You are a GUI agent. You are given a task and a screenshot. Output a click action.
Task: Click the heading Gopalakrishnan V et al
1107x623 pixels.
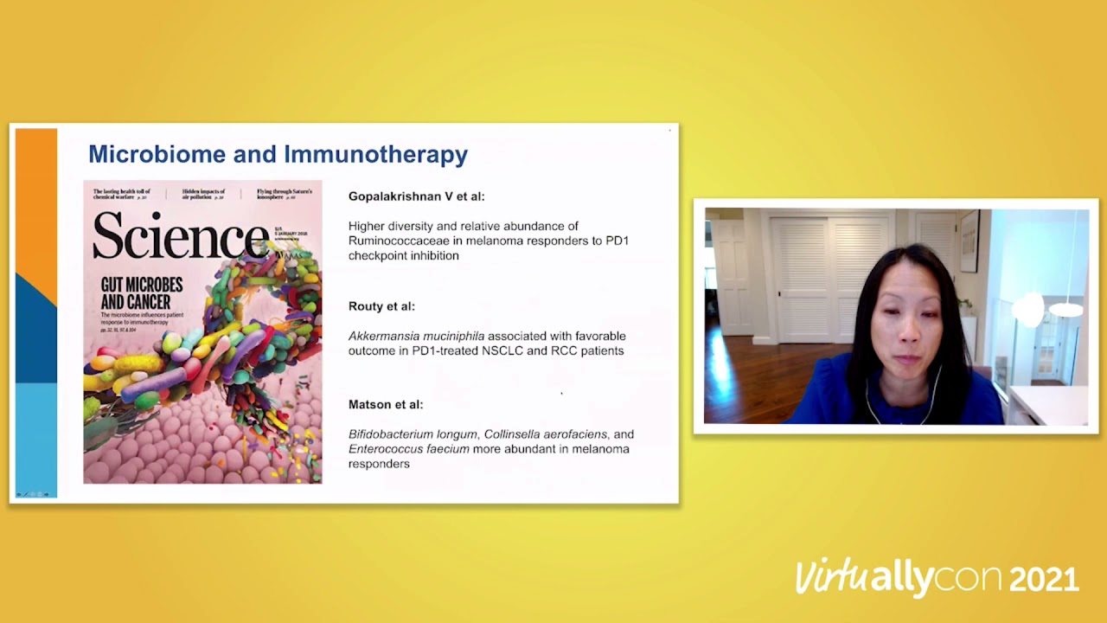(416, 196)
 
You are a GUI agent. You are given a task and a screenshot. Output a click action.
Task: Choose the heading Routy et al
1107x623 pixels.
(381, 306)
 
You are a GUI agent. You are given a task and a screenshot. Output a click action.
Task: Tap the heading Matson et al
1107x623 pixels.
(386, 404)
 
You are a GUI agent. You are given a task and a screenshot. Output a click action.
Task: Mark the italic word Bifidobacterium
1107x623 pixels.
(391, 434)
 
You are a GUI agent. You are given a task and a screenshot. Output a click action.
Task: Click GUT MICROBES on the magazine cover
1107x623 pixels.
(141, 285)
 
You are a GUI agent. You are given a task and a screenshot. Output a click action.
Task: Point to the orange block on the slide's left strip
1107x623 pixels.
(35, 199)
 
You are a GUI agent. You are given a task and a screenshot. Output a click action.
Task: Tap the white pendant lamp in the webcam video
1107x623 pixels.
(1065, 308)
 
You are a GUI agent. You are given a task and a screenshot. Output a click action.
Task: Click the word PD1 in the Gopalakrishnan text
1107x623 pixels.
(617, 241)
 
